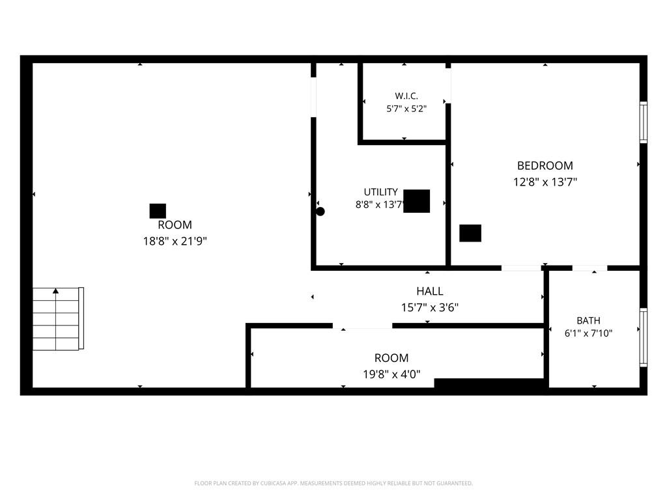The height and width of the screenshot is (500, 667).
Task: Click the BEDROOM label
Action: (x=545, y=165)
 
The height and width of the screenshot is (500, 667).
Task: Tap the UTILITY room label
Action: (x=380, y=192)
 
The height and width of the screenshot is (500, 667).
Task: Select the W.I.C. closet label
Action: (x=406, y=96)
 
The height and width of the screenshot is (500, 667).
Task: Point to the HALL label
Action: (x=430, y=291)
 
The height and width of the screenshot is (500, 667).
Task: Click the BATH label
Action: (x=588, y=320)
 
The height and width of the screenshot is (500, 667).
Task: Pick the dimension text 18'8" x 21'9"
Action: (x=175, y=241)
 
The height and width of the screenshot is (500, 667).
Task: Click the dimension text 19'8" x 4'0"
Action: (x=391, y=374)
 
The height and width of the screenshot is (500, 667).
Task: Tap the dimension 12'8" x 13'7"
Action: (x=545, y=182)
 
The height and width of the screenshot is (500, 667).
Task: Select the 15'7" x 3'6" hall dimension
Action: (x=430, y=307)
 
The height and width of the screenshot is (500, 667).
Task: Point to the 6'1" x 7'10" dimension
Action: (x=588, y=333)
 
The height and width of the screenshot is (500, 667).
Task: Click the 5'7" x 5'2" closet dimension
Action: (x=406, y=109)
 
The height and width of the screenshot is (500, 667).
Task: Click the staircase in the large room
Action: (x=58, y=319)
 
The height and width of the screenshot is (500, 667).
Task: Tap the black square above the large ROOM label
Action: (x=158, y=211)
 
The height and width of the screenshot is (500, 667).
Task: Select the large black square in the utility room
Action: (x=416, y=201)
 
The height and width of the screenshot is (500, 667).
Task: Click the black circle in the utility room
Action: (x=320, y=212)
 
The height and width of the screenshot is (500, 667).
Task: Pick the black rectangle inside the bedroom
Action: (x=470, y=233)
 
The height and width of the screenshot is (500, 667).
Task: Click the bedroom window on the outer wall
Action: (x=644, y=122)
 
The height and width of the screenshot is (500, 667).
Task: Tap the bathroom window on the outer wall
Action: (x=644, y=338)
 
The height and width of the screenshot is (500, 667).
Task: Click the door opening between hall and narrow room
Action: (x=362, y=326)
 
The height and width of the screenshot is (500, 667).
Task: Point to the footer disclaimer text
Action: (x=333, y=484)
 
